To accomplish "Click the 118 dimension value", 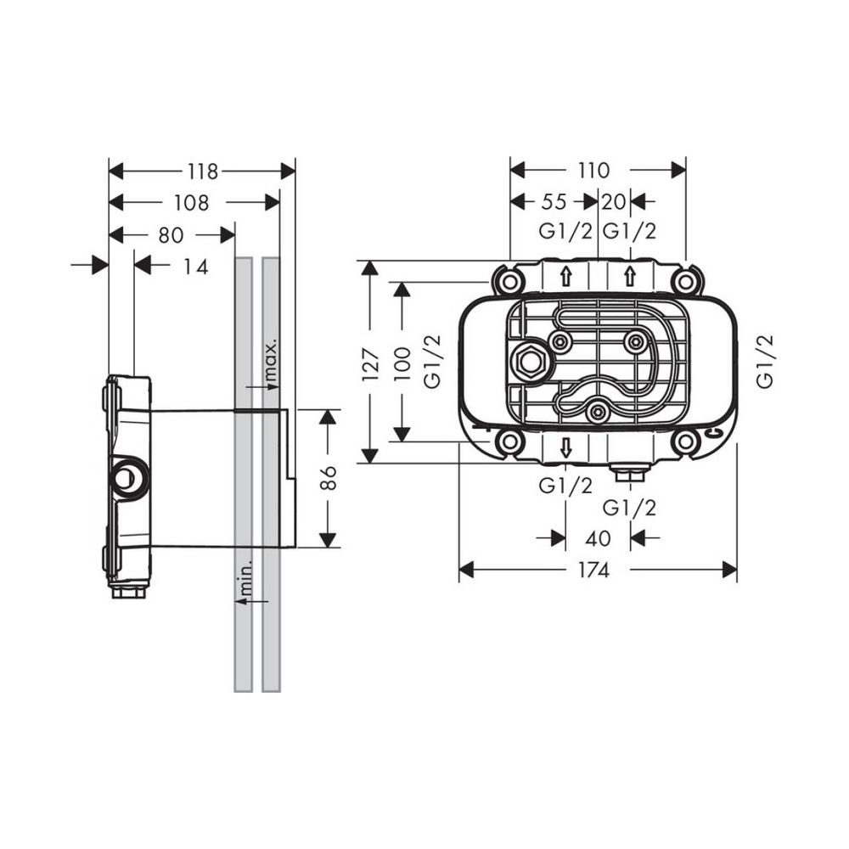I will [x=202, y=171].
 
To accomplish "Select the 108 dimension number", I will [x=192, y=202].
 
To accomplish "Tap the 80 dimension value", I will [x=170, y=233].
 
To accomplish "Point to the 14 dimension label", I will [x=195, y=266].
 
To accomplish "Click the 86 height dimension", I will [x=329, y=478].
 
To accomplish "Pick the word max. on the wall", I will [x=271, y=361].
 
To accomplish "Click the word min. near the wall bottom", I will [x=245, y=577].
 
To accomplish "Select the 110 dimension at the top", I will [x=593, y=171].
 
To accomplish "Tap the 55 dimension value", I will [x=554, y=202].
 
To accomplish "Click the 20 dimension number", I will [x=614, y=202].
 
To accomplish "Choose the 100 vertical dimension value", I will [x=403, y=363].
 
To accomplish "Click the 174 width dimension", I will [x=593, y=571].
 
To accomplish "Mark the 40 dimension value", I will [x=598, y=538].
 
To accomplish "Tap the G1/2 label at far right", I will [x=766, y=362].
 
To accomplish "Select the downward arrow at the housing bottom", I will [x=566, y=449].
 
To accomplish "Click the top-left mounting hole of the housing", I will [x=508, y=280].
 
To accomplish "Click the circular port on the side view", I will [x=127, y=478].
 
